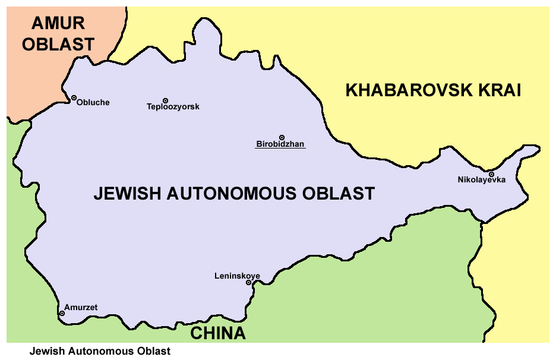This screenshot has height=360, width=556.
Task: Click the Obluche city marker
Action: click(74, 97)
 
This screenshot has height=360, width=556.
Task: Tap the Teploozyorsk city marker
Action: click(165, 100)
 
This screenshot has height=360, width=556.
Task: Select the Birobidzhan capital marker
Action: click(282, 137)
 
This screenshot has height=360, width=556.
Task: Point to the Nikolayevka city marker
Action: click(491, 174)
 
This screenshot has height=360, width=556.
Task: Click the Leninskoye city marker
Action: click(249, 282)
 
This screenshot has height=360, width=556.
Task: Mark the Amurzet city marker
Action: click(62, 313)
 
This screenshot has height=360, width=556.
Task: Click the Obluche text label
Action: click(93, 103)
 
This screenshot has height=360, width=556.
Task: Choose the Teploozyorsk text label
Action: click(173, 107)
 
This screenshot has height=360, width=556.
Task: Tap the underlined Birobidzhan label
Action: click(280, 144)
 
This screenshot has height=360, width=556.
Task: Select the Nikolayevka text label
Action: click(481, 180)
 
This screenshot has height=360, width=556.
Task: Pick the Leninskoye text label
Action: click(237, 276)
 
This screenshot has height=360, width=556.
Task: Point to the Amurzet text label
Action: click(81, 308)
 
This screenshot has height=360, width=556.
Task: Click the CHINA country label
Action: click(218, 333)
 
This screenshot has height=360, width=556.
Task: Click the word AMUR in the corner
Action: click(58, 24)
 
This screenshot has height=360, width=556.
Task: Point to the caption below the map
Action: click(100, 351)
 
